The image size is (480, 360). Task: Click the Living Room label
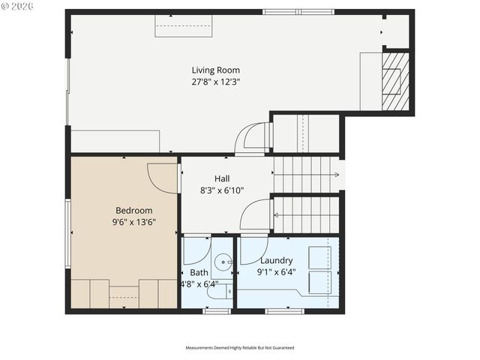click(215, 70)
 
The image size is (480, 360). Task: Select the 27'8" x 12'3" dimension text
click(215, 82)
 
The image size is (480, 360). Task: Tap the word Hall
click(222, 178)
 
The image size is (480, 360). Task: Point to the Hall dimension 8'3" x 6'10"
click(222, 190)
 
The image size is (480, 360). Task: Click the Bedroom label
click(133, 211)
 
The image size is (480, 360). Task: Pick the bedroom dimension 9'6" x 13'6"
click(133, 222)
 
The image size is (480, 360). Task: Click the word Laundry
click(276, 260)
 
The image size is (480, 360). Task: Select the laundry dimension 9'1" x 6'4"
click(276, 271)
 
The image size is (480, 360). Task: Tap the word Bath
click(199, 272)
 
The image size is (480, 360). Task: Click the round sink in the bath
click(223, 262)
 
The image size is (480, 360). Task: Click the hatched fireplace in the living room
click(395, 80)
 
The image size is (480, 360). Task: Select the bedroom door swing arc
click(162, 178)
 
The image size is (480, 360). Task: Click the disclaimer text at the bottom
click(240, 348)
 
